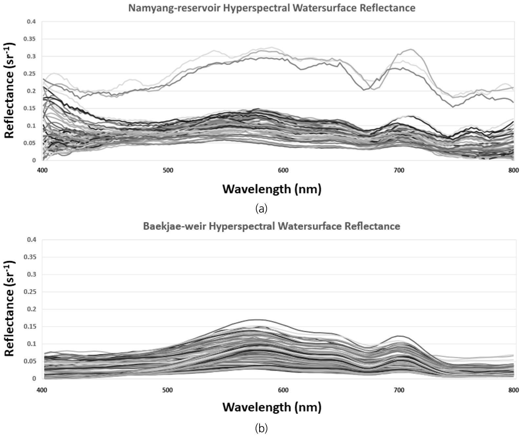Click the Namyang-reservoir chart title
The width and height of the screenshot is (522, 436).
(272, 8)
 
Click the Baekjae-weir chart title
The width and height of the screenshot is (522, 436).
(272, 226)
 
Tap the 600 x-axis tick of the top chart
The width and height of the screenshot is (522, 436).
(283, 170)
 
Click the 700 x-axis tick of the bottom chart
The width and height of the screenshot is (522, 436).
(399, 390)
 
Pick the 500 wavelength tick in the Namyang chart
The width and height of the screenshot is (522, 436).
(167, 170)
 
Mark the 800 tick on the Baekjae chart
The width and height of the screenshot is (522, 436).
(513, 390)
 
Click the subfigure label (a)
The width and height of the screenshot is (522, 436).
(261, 208)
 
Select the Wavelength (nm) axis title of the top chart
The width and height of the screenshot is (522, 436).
(272, 189)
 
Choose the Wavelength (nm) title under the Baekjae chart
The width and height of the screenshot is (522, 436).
(272, 407)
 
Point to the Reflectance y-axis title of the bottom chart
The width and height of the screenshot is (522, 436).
(10, 309)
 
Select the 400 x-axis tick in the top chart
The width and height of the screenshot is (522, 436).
(42, 170)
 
